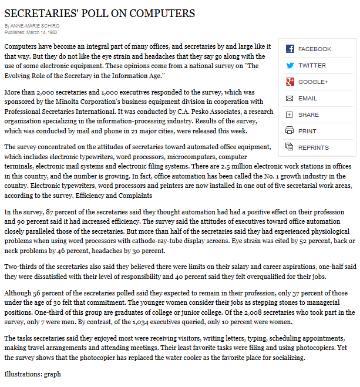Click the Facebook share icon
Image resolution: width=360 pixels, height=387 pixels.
point(290,49)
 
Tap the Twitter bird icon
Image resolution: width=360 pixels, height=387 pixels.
point(290,65)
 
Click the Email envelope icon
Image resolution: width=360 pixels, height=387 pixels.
point(290,98)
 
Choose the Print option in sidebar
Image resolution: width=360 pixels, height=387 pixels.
point(307,131)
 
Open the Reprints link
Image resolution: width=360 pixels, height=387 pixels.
point(313,147)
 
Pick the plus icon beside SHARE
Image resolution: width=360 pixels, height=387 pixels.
point(290,115)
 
